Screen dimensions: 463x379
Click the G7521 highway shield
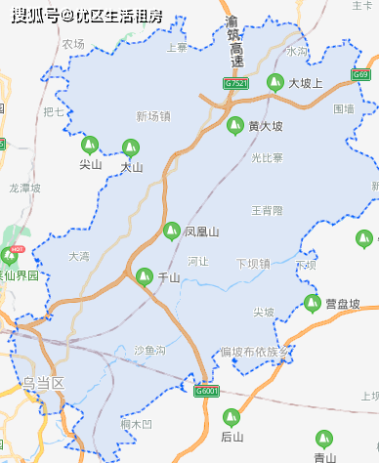pyautogui.click(x=235, y=84)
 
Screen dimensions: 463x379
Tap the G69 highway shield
pyautogui.click(x=361, y=75)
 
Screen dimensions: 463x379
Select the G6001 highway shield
pyautogui.click(x=205, y=391)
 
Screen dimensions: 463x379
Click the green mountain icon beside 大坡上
pyautogui.click(x=274, y=83)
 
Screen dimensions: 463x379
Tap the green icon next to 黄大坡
pyautogui.click(x=234, y=125)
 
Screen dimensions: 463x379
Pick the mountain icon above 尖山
pyautogui.click(x=90, y=145)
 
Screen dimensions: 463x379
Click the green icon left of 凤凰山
pyautogui.click(x=170, y=231)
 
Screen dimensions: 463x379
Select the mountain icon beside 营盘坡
pyautogui.click(x=312, y=303)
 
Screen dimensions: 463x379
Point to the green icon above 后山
pyautogui.click(x=231, y=415)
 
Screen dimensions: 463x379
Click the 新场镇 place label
pyautogui.click(x=152, y=116)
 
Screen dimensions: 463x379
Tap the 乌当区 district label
pyautogui.click(x=43, y=383)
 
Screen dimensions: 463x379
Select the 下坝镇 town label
pyautogui.click(x=253, y=263)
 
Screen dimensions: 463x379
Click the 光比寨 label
pyautogui.click(x=267, y=157)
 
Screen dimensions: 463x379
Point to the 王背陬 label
pyautogui.click(x=267, y=210)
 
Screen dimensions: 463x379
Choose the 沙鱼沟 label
pyautogui.click(x=148, y=350)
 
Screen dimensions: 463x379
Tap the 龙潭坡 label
pyautogui.click(x=26, y=189)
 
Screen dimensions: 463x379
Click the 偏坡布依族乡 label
pyautogui.click(x=256, y=351)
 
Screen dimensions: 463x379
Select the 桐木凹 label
pyautogui.click(x=137, y=424)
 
